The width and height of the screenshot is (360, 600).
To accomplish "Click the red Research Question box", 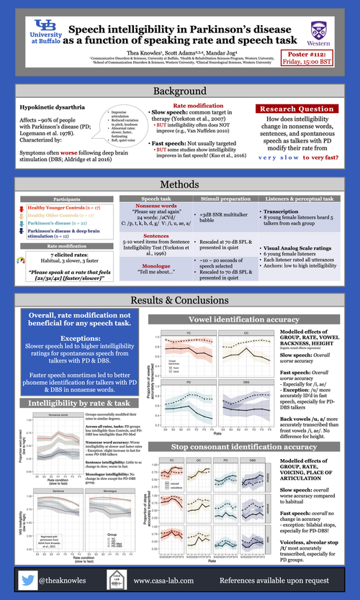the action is [x=291, y=109].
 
